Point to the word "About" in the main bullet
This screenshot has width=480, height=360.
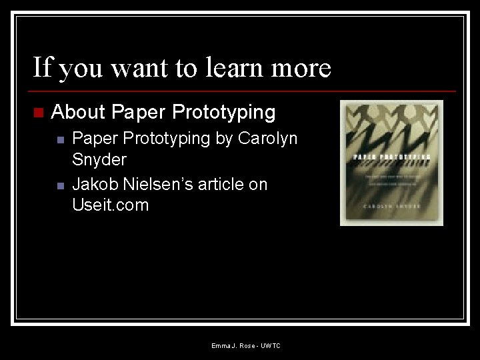(78, 112)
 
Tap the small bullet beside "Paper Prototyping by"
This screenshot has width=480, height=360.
(60, 140)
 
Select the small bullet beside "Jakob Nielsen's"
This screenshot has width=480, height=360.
(60, 185)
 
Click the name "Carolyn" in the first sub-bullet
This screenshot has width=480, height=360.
(268, 139)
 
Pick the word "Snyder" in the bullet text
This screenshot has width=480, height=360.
(99, 160)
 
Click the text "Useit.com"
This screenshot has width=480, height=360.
(111, 205)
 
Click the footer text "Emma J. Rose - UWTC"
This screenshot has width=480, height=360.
(246, 345)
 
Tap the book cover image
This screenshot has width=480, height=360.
(391, 163)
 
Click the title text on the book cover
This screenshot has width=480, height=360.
(391, 157)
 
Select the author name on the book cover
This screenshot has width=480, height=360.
(391, 207)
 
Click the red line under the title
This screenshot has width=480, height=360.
(244, 91)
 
